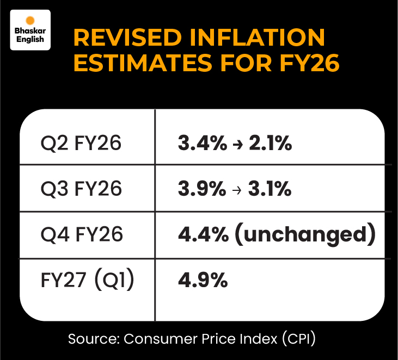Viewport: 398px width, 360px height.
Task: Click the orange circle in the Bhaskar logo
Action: click(x=30, y=19)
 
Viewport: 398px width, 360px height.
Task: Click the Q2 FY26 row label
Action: click(x=81, y=144)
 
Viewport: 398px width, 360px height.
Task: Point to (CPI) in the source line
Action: click(x=297, y=339)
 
